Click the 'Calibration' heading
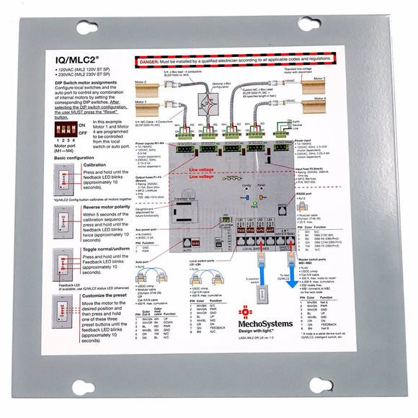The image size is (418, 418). click(94, 164)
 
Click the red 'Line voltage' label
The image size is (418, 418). click(204, 171)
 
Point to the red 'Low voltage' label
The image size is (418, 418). click(203, 178)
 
